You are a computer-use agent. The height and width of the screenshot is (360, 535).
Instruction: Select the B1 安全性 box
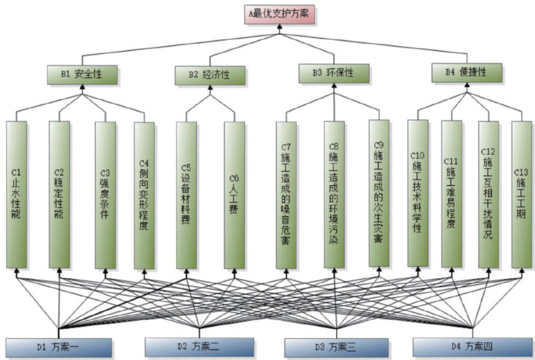tap(81, 74)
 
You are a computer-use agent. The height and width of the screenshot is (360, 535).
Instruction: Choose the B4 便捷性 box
tap(467, 72)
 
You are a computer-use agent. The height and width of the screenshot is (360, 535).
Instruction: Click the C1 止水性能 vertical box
tap(17, 195)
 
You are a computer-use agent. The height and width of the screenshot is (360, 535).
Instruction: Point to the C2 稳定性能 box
tap(59, 195)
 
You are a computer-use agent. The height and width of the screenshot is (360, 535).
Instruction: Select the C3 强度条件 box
tap(104, 195)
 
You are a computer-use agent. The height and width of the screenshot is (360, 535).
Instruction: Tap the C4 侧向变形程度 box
tap(144, 195)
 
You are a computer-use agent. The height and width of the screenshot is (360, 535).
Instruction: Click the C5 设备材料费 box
tap(186, 195)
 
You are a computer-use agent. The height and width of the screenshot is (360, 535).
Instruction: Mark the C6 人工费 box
tap(234, 195)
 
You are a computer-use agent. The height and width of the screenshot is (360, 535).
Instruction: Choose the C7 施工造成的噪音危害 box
tap(286, 195)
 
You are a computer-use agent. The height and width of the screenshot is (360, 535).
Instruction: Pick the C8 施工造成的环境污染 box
tap(334, 195)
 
